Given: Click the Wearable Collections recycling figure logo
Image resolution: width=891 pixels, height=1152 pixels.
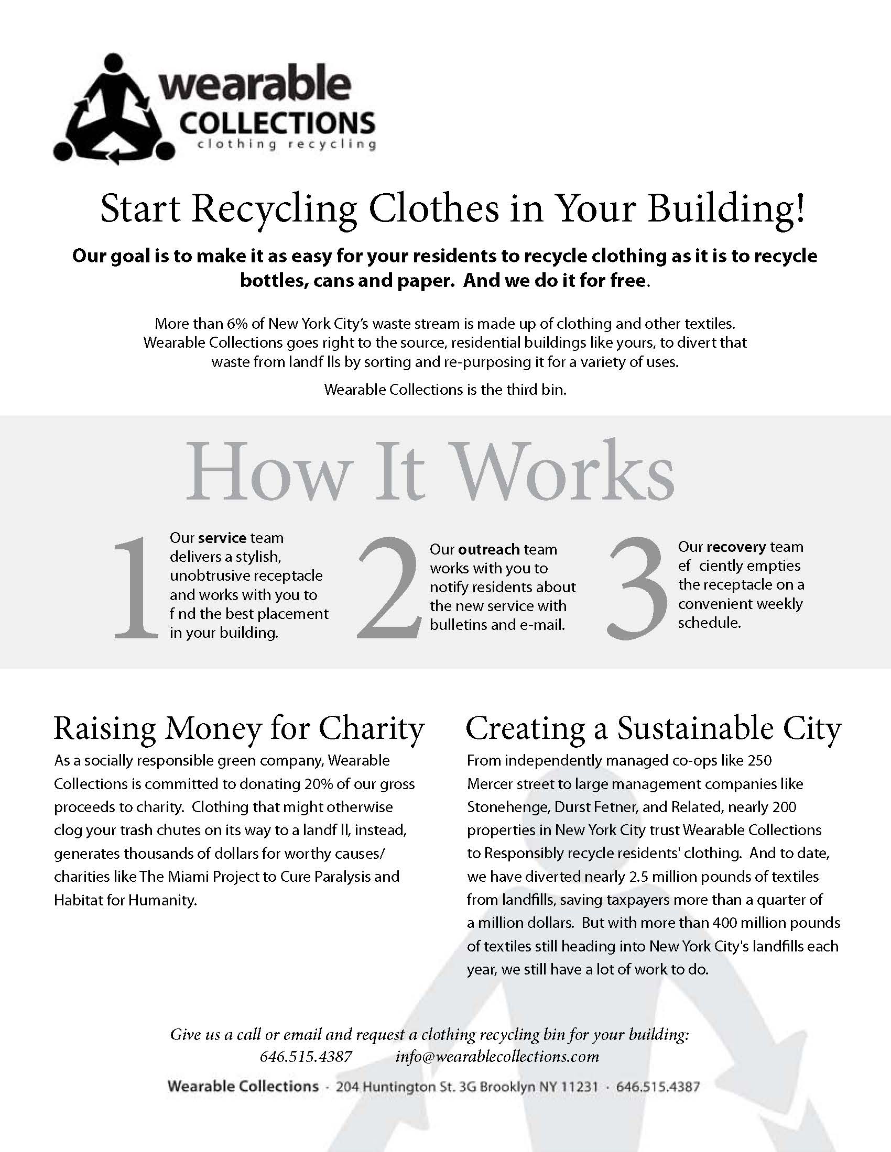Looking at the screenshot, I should point(114,108).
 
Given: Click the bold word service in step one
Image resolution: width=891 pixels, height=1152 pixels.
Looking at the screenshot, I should point(222,538).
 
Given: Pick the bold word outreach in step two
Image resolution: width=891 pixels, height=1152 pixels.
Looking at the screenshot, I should point(489,550).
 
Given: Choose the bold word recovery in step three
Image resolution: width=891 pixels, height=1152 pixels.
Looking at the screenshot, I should point(736,547).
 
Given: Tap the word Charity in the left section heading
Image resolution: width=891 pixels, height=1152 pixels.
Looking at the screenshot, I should point(372,729).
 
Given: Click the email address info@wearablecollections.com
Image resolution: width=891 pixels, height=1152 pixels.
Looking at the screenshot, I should point(497,1057).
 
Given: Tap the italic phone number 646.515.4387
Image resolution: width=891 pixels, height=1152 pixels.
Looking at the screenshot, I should point(306,1057).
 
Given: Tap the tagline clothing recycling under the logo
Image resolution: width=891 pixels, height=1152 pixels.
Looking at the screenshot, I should point(286,144).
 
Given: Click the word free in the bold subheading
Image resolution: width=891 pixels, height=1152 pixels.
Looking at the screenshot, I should point(627,280).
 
